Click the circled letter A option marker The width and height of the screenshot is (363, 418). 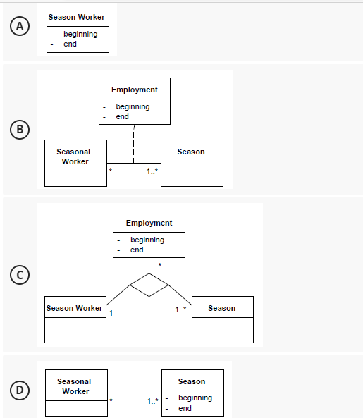pyautogui.click(x=21, y=27)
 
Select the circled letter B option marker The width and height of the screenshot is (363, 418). pyautogui.click(x=21, y=129)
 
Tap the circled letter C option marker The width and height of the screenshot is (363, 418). pyautogui.click(x=21, y=275)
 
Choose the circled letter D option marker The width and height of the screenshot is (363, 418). pyautogui.click(x=21, y=390)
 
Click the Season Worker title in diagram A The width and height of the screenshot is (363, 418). pyautogui.click(x=77, y=17)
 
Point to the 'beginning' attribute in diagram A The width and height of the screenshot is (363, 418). pyautogui.click(x=80, y=34)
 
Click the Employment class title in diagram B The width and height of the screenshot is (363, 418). pyautogui.click(x=135, y=90)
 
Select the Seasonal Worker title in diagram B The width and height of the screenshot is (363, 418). pyautogui.click(x=73, y=156)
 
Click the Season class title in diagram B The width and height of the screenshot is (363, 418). pyautogui.click(x=191, y=152)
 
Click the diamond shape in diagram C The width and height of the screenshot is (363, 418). pyautogui.click(x=149, y=286)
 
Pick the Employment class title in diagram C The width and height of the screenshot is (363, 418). pyautogui.click(x=149, y=223)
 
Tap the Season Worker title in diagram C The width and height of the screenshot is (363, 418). pyautogui.click(x=74, y=308)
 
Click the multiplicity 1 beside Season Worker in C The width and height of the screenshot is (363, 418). pyautogui.click(x=111, y=313)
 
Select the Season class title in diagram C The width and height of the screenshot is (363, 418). pyautogui.click(x=222, y=308)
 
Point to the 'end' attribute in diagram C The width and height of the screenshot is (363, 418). pyautogui.click(x=137, y=250)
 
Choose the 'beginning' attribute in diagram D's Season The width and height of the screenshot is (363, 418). pyautogui.click(x=195, y=398)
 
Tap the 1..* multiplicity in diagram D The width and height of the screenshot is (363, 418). pyautogui.click(x=152, y=401)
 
